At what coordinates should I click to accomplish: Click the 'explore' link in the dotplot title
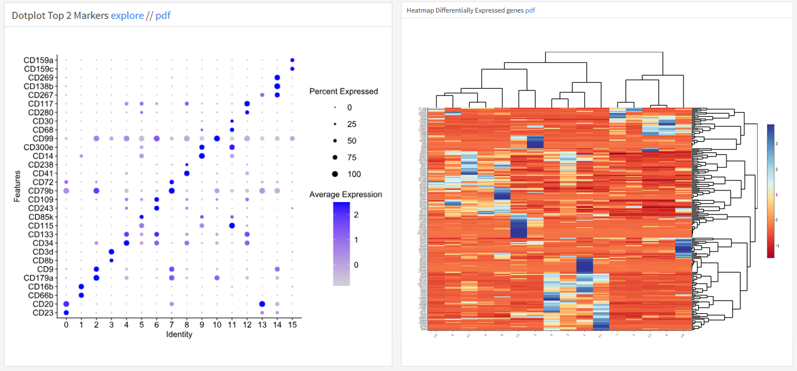click(127, 15)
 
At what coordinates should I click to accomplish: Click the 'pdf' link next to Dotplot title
click(163, 15)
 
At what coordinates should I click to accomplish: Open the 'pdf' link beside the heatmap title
click(530, 10)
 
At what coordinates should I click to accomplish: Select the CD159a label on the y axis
click(38, 60)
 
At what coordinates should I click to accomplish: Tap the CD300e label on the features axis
click(38, 148)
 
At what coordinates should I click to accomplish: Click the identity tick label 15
click(292, 325)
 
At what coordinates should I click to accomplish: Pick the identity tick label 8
click(187, 325)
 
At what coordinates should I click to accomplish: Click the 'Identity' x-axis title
click(179, 334)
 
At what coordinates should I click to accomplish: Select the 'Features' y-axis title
click(17, 186)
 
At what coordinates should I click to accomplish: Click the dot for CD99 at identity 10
click(217, 139)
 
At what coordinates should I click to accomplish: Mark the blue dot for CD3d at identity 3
click(111, 252)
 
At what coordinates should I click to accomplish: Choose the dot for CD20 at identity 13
click(262, 304)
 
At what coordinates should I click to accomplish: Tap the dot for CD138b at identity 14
click(277, 86)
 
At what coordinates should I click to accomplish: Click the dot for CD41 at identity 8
click(187, 174)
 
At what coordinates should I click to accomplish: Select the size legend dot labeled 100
click(335, 174)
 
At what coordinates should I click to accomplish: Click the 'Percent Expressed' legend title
click(343, 92)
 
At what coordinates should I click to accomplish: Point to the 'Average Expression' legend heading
click(345, 195)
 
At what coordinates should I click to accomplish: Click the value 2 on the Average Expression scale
click(356, 215)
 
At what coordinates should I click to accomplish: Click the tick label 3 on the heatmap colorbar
click(776, 143)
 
